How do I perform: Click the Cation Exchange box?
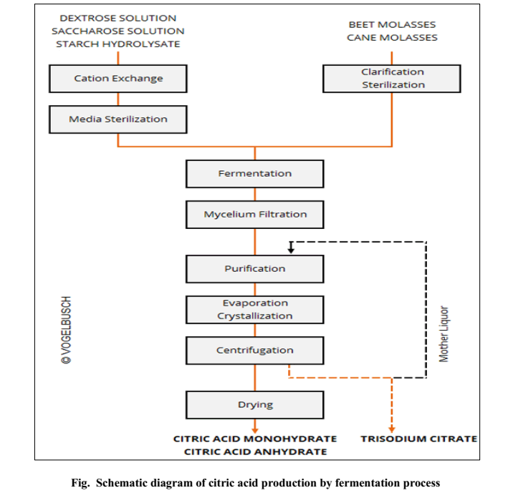coord(118,79)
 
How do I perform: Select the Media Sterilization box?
coord(118,119)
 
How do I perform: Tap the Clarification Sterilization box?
coord(392,78)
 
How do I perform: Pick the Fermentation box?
coord(254,173)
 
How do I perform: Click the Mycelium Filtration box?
coord(254,214)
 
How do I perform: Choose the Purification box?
coord(254,268)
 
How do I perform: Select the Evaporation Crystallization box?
coord(254,309)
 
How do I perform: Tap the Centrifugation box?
coord(254,350)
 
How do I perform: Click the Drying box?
coord(254,404)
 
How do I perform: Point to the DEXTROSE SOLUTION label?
coord(117,18)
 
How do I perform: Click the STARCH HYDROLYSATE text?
coord(117,44)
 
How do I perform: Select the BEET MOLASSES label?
coord(392,24)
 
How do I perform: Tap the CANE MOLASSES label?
coord(392,38)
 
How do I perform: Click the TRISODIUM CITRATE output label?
coord(418,438)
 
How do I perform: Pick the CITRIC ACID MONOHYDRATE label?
coord(255,438)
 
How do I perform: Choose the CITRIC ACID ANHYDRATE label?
coord(255,451)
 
